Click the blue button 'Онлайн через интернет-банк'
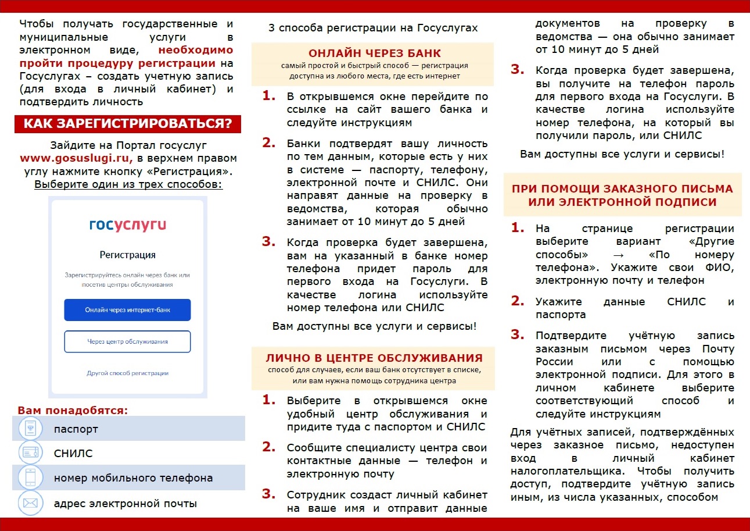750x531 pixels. pos(127,309)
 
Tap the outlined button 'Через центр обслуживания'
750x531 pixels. pos(127,341)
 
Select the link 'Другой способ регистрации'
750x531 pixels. pos(127,373)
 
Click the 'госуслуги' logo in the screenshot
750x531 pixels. pos(127,224)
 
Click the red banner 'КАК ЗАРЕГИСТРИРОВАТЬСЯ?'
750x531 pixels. pos(127,124)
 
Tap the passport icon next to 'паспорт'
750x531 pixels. pos(30,429)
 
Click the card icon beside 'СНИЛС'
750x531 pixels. pos(30,453)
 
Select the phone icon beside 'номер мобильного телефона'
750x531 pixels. pos(30,477)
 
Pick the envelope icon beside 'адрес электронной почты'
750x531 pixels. pos(30,503)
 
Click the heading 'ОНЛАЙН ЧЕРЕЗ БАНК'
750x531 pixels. pos(374,54)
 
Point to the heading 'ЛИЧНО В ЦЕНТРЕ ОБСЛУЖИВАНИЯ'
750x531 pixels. pos(374,357)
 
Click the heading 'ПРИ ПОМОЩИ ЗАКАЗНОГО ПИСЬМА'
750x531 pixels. pos(622,189)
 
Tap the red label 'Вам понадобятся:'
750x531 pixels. pos(73,410)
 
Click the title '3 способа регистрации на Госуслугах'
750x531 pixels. pos(373,28)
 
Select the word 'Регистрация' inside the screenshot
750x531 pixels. pos(127,255)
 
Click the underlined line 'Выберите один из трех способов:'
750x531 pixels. pos(128,185)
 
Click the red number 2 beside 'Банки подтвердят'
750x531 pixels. pos(268,142)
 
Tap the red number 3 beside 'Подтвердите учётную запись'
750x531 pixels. pos(517,334)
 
